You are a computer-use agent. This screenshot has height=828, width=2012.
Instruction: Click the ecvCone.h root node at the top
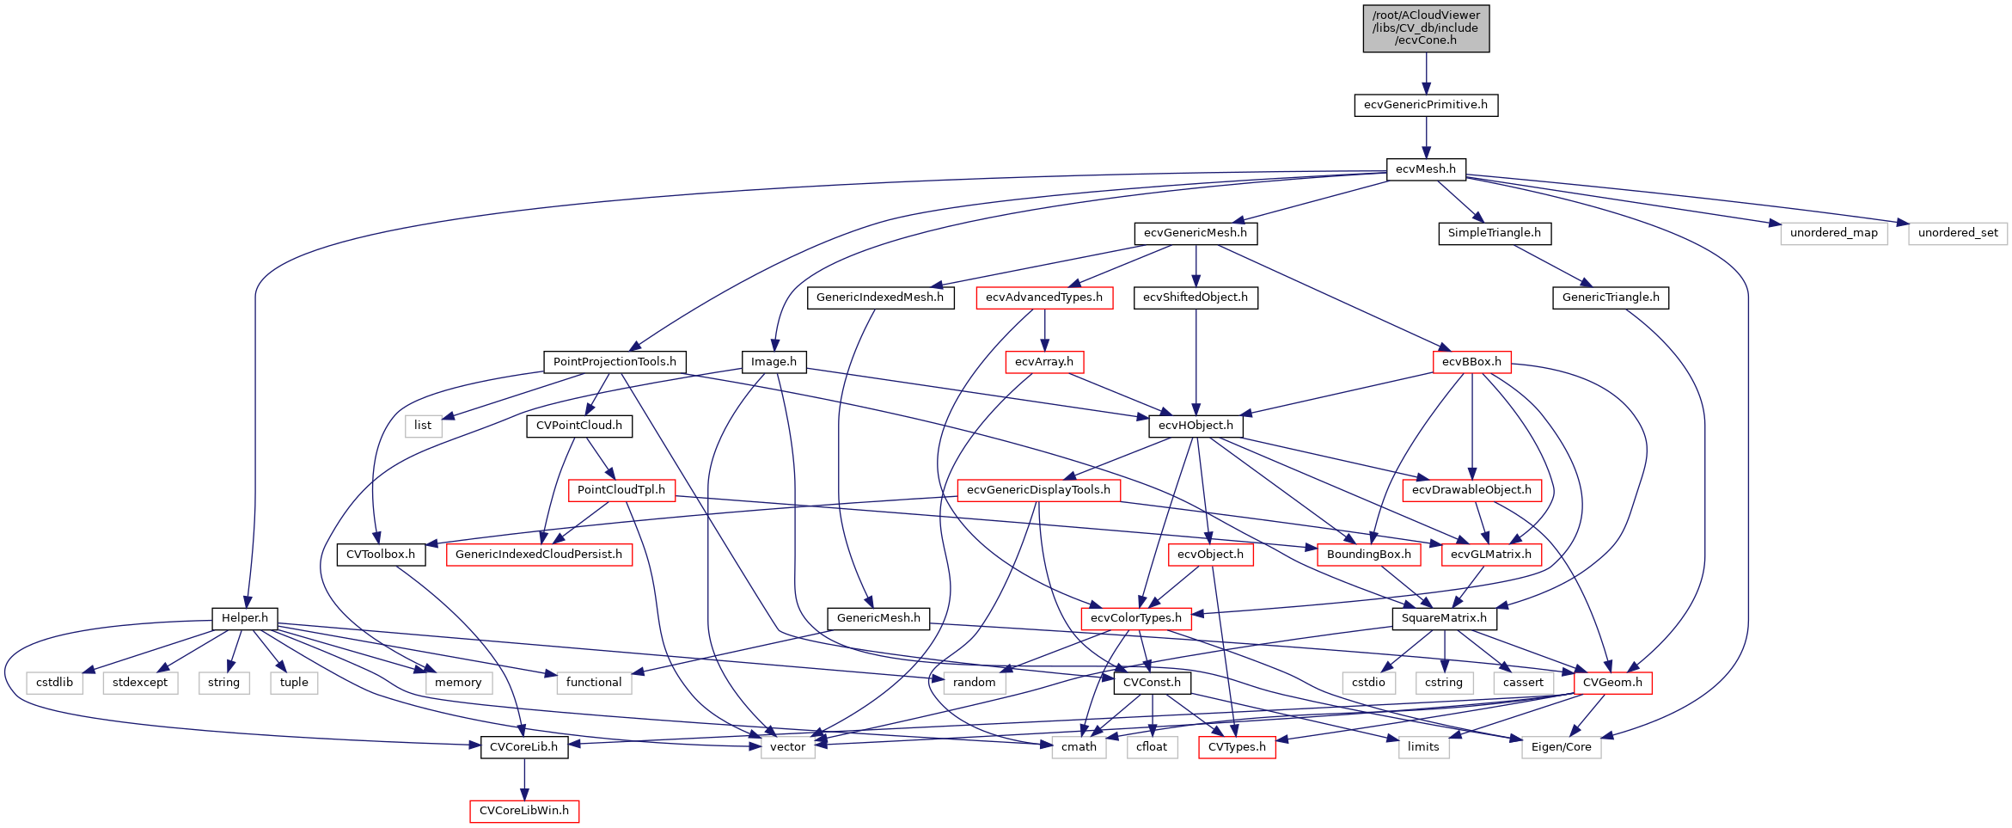click(1425, 28)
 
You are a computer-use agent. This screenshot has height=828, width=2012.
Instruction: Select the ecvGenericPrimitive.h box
click(1425, 105)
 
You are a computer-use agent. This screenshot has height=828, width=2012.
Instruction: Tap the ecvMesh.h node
click(1425, 169)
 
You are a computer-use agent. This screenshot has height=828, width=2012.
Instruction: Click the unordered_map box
click(1833, 233)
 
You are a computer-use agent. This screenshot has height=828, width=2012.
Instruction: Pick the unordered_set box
click(1957, 233)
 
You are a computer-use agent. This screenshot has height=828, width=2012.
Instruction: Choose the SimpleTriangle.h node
click(1494, 233)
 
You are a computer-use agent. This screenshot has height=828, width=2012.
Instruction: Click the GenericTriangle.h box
click(1610, 297)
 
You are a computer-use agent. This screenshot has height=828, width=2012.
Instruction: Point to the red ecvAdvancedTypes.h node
click(1043, 297)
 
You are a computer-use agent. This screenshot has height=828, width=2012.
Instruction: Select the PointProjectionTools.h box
click(614, 362)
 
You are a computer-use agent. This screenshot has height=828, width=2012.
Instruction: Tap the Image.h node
click(774, 362)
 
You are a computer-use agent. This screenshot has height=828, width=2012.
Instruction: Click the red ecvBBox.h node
click(1471, 362)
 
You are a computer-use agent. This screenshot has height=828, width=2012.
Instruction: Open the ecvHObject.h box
click(1195, 426)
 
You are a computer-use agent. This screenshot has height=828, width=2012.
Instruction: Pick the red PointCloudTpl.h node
click(621, 490)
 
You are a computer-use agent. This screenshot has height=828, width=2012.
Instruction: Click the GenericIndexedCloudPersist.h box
click(538, 555)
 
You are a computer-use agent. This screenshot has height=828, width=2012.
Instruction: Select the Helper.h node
click(244, 618)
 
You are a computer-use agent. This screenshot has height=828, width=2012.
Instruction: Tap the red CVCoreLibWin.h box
click(523, 811)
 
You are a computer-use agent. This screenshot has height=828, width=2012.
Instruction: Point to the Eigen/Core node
click(1561, 747)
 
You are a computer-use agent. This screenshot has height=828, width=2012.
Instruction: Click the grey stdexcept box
click(140, 683)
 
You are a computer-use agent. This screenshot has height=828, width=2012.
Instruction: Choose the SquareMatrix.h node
click(1443, 618)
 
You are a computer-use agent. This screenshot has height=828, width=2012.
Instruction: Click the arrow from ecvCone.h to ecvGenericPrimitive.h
click(1425, 73)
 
